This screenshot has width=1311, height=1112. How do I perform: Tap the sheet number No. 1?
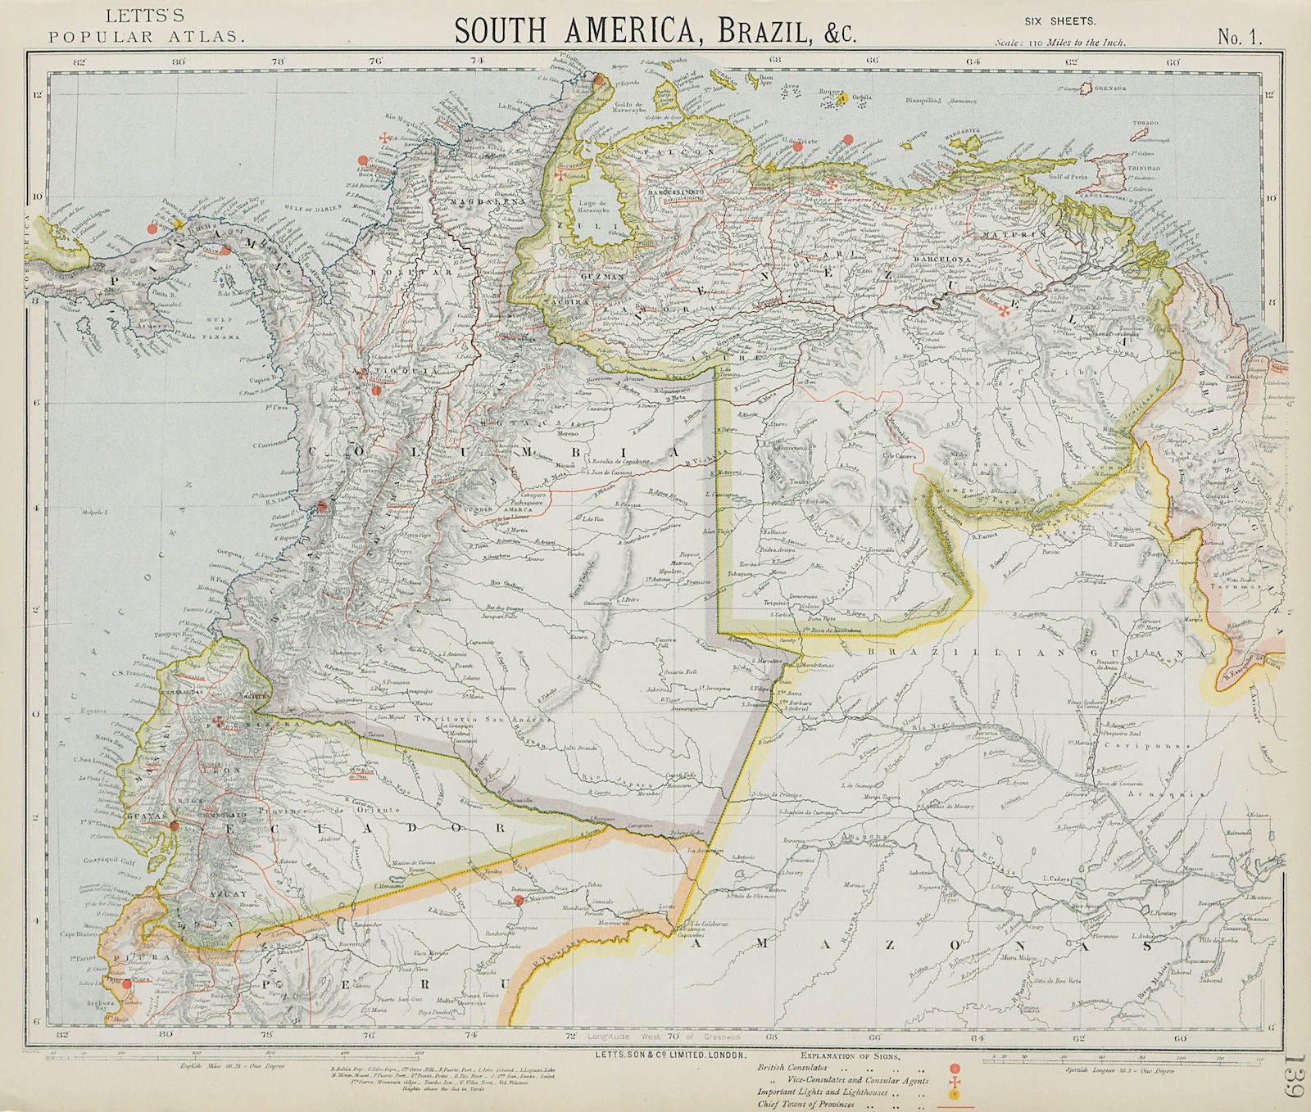[1240, 36]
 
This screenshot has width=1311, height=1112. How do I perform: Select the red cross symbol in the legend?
[953, 1080]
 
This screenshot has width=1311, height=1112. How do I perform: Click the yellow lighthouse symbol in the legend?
[953, 1093]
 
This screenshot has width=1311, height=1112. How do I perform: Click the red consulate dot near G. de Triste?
[848, 138]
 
